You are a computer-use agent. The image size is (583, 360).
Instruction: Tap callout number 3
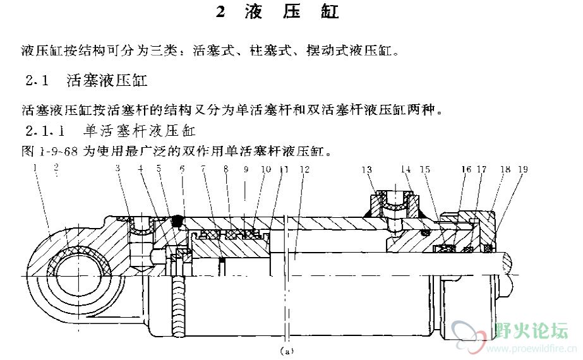pos(117,169)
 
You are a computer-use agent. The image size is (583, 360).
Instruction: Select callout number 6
pos(182,169)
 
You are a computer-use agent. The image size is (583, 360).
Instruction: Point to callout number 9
pos(245,169)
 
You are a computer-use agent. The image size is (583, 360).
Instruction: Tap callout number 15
pos(424,169)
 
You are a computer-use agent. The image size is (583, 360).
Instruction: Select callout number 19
pos(523,169)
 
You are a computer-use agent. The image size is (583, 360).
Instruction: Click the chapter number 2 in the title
pos(220,13)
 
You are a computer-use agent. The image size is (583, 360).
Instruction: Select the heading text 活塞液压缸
pos(107,80)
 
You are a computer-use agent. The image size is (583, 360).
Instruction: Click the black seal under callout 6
pos(177,221)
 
